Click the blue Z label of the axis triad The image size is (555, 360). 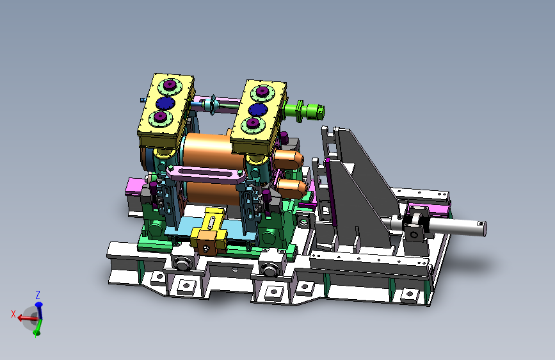point(38,295)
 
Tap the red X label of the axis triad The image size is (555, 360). point(13,314)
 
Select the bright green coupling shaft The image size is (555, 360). point(304,111)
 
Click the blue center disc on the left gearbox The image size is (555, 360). point(165,103)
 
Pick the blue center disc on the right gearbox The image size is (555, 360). point(257,110)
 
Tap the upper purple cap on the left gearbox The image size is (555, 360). point(170,85)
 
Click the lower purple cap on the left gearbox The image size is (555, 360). point(160,117)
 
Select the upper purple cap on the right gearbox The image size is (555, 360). point(262,92)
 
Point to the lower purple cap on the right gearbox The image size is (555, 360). point(253,123)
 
